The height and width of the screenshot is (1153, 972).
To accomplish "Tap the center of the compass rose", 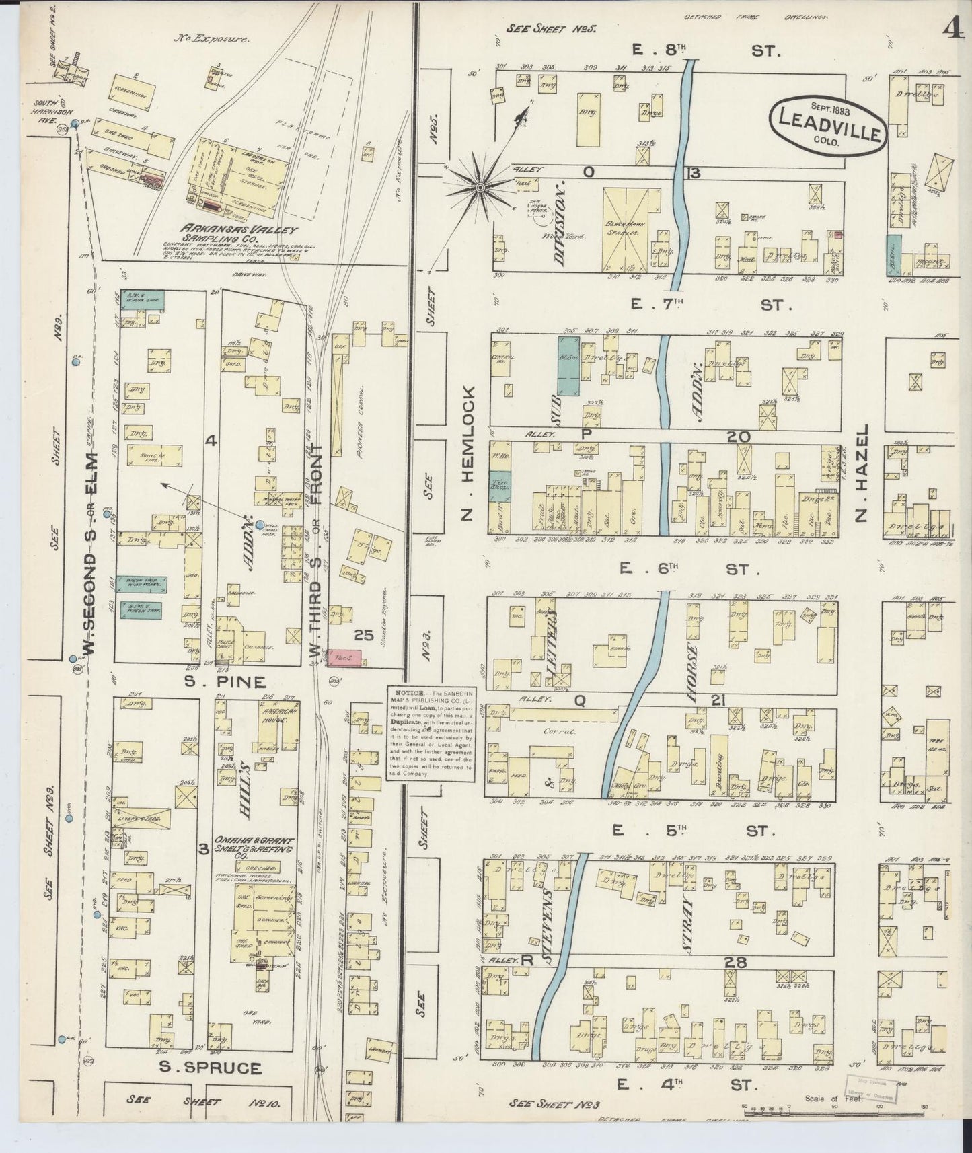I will (x=481, y=184).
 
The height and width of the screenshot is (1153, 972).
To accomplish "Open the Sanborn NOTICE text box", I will (x=430, y=733).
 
